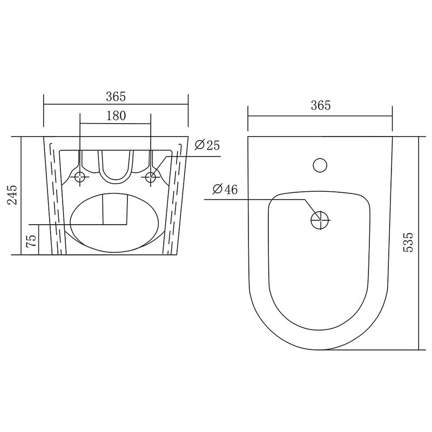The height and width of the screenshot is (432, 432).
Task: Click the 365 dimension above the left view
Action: coord(116,97)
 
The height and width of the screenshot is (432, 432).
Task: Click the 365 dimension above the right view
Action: coord(321,105)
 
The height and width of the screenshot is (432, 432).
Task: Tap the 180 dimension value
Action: coord(116,116)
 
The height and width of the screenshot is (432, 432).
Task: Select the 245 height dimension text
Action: coord(12,195)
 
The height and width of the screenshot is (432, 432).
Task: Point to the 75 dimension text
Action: coord(31,241)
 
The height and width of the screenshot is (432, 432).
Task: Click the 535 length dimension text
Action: coord(408,242)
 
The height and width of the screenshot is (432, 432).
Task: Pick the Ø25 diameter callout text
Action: coord(207,145)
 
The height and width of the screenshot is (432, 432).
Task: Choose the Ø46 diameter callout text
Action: coord(225,189)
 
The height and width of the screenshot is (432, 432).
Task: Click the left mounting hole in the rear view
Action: coord(80,177)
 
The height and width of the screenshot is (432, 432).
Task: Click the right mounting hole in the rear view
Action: coord(151,177)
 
